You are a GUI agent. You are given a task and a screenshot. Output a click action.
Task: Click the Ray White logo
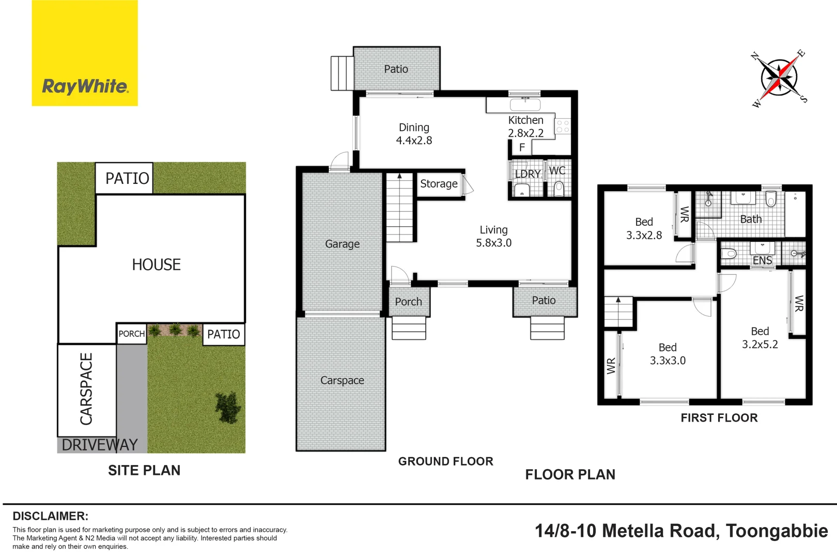point(85,53)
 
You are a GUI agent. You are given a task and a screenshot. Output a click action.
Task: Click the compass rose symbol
point(779,78)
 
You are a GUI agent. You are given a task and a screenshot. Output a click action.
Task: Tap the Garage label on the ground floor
point(342,244)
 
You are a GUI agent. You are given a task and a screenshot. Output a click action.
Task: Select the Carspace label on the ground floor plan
point(342,380)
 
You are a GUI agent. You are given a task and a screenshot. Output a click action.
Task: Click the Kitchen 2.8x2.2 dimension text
point(525,133)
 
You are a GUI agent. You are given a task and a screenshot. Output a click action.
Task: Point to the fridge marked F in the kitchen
point(522,148)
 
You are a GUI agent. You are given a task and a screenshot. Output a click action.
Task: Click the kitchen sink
point(525,105)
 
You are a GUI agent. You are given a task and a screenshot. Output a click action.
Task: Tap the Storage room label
point(439,184)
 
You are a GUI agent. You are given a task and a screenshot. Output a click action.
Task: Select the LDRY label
point(528,174)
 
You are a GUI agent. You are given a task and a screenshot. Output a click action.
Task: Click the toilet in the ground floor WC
point(559,189)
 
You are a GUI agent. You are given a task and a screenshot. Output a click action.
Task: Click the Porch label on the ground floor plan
point(408,302)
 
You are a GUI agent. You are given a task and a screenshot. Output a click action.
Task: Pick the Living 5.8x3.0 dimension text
point(493,243)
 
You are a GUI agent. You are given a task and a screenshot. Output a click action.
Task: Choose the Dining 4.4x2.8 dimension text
point(414,140)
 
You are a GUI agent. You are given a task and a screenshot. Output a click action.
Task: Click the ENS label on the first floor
point(762,260)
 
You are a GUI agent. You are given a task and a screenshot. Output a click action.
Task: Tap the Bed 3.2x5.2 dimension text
point(760,344)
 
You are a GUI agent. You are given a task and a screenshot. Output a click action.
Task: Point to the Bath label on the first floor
point(751,219)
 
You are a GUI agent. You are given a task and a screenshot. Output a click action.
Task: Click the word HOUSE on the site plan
point(156,265)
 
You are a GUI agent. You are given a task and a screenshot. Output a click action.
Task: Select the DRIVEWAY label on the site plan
point(99,445)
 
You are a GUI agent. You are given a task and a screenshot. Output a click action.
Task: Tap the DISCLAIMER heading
point(50,516)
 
